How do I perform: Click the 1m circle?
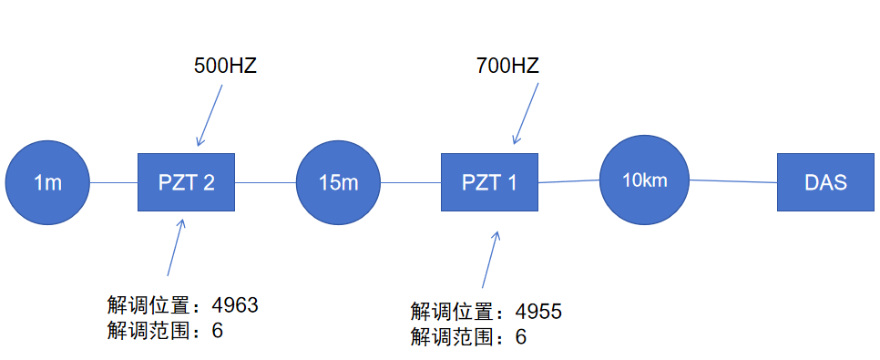(x=47, y=182)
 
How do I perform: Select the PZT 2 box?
(x=186, y=182)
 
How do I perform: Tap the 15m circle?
(x=338, y=182)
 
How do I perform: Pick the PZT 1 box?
(x=489, y=182)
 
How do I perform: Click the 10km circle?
(x=644, y=180)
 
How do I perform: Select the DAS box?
(x=825, y=182)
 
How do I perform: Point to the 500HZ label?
(x=225, y=67)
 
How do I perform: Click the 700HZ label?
(x=507, y=67)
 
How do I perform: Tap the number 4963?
(x=235, y=305)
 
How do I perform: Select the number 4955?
(x=538, y=312)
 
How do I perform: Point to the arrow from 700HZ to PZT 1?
(x=527, y=115)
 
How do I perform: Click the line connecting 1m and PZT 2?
(x=113, y=182)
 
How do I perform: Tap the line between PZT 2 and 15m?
(x=266, y=182)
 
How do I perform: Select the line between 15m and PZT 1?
(x=410, y=182)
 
